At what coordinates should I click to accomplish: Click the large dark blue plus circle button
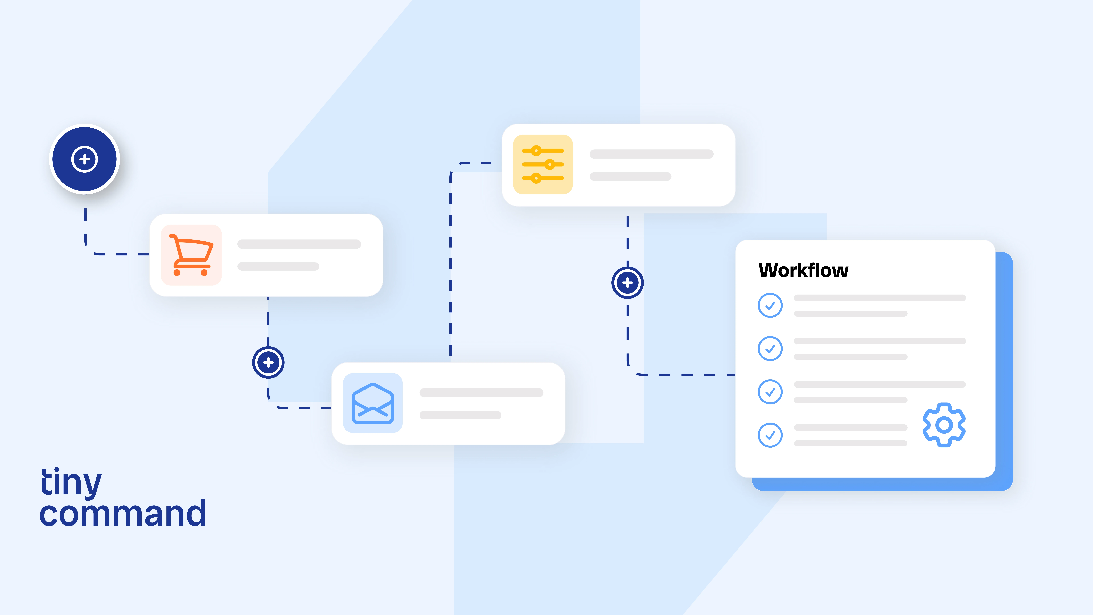[84, 159]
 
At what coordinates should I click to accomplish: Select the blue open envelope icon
[373, 403]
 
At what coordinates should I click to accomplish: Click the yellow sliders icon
[543, 164]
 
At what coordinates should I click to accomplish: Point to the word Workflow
[803, 270]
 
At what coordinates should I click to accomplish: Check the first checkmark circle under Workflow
[770, 305]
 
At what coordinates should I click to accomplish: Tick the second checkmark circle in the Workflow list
[770, 348]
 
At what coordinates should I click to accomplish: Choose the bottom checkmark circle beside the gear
[770, 435]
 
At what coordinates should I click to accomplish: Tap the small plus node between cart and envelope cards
[268, 362]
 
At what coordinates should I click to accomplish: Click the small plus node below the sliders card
[627, 283]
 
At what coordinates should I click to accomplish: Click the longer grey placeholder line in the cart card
[299, 244]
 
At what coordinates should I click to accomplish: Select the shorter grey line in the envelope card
[460, 415]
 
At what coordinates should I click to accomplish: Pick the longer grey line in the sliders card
[651, 154]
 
